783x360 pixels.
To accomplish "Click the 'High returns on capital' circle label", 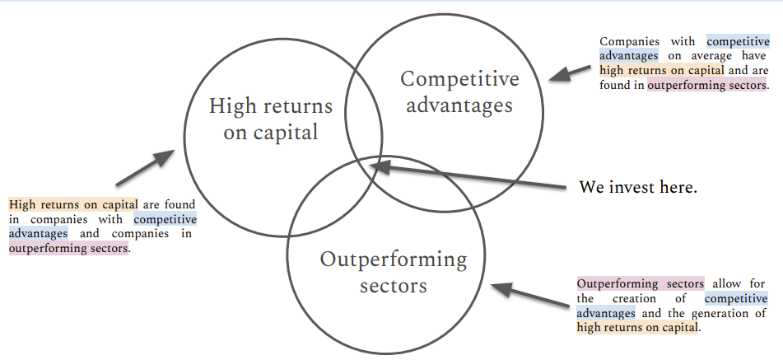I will tap(270, 119).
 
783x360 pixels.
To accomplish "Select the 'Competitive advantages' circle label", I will tap(459, 91).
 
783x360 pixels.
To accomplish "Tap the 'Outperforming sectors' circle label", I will tap(393, 273).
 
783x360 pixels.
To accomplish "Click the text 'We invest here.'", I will tap(638, 187).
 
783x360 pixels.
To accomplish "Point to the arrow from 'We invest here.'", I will tap(469, 176).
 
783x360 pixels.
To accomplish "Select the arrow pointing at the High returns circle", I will tap(143, 167).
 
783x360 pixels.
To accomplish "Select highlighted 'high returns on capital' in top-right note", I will tap(650, 70).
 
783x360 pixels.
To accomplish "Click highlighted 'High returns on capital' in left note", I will tap(73, 204).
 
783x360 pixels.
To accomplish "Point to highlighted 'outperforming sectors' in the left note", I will tap(69, 248).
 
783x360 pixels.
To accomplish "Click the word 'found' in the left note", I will tap(181, 204).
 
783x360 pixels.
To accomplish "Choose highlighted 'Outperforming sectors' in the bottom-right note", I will tap(640, 283).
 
